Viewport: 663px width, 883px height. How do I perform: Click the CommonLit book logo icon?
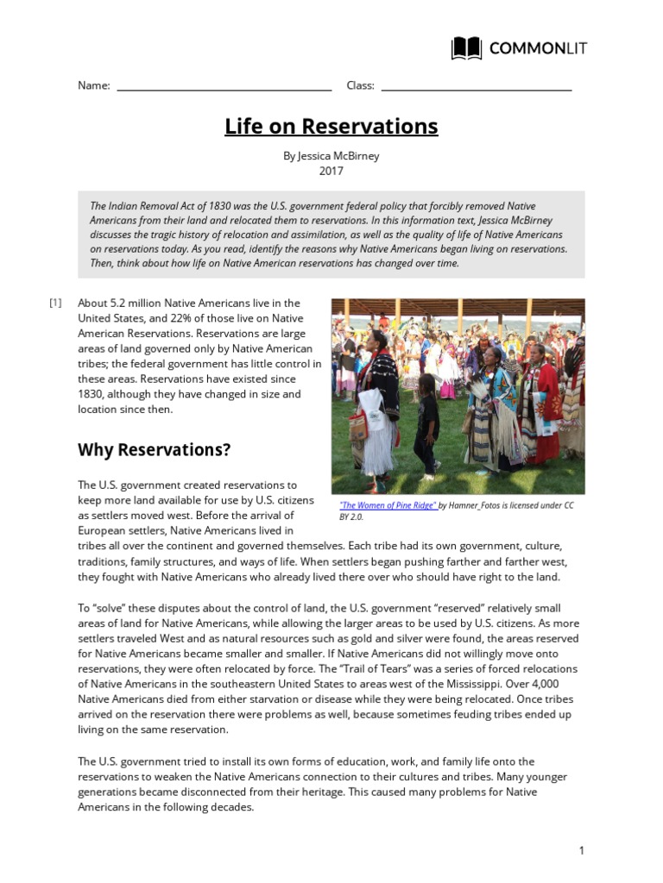tap(467, 48)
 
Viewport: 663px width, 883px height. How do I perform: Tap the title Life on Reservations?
tap(331, 127)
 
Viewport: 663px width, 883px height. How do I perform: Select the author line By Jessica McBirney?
tap(331, 156)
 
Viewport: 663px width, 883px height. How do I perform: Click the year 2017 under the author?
tap(331, 171)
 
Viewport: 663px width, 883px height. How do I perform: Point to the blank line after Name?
tap(224, 86)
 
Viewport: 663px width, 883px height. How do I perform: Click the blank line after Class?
tap(476, 86)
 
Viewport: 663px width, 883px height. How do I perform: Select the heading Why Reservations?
tap(155, 450)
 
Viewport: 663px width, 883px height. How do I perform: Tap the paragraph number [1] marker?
tap(55, 303)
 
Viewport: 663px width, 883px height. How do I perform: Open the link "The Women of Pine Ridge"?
tap(388, 505)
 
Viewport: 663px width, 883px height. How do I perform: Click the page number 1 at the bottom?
tap(582, 850)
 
